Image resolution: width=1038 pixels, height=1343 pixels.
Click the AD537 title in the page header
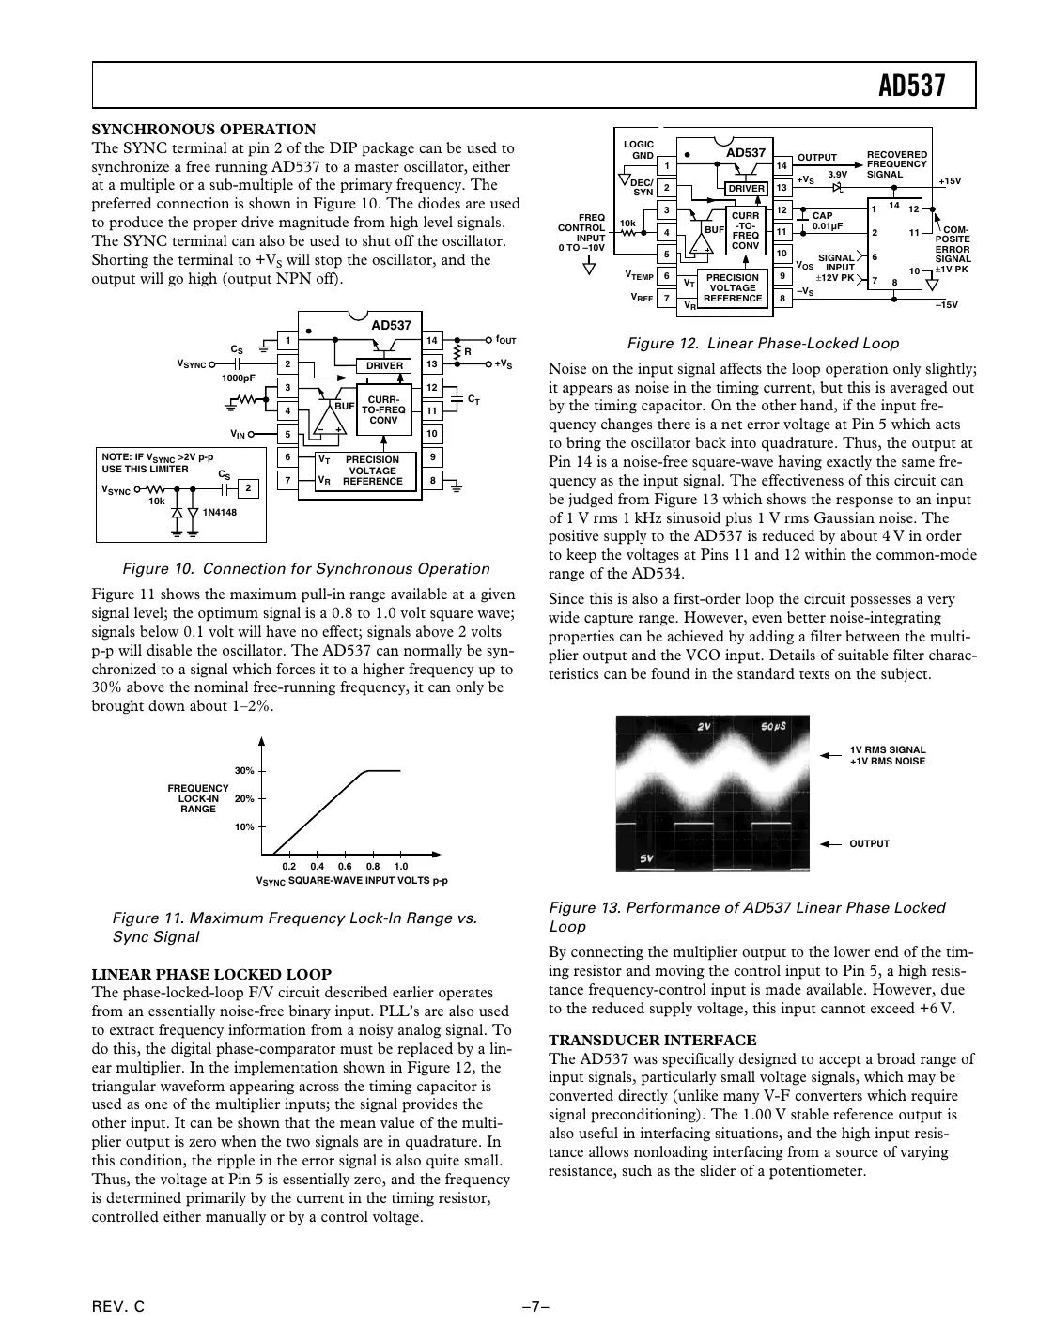(910, 86)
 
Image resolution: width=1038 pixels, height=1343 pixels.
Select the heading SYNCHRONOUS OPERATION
(203, 130)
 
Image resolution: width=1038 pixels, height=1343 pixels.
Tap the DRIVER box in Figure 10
(384, 365)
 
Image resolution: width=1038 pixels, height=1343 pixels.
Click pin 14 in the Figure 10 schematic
(431, 340)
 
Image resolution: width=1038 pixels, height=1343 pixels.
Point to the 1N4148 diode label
(220, 512)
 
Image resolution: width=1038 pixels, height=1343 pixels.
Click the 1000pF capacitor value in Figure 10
(238, 378)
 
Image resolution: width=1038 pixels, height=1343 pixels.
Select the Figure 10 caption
(306, 569)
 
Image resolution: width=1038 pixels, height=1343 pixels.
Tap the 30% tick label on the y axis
(244, 771)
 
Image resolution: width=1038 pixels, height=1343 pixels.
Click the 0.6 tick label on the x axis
(345, 866)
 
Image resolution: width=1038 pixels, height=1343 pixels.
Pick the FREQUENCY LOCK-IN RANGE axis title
(198, 798)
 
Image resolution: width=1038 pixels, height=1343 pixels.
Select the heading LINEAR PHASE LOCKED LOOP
(210, 974)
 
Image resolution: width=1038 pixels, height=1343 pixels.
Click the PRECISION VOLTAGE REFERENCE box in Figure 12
(733, 288)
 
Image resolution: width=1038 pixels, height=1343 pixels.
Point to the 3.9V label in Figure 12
(837, 174)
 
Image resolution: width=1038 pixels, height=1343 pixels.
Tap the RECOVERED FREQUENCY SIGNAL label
(896, 164)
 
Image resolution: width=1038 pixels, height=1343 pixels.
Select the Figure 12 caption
(762, 344)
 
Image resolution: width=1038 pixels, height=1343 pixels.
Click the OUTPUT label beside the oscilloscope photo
(869, 843)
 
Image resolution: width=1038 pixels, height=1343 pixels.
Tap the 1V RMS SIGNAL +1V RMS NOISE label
(887, 755)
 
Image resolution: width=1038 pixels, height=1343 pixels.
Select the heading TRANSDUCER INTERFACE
(652, 1040)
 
